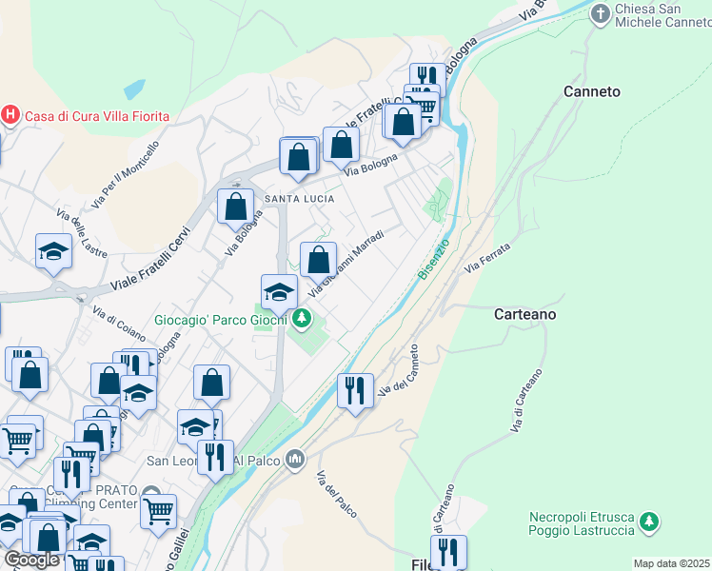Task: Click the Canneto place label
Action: pyautogui.click(x=591, y=91)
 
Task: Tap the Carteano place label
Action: pyautogui.click(x=524, y=313)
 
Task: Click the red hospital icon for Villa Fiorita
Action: pyautogui.click(x=10, y=116)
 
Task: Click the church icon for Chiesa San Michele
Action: pyautogui.click(x=600, y=13)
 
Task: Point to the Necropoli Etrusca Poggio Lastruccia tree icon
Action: pyautogui.click(x=649, y=522)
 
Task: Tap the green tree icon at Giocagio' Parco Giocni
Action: pyautogui.click(x=302, y=319)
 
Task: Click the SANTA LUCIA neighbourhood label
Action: pyautogui.click(x=299, y=198)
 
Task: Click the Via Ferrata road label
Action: pyautogui.click(x=487, y=258)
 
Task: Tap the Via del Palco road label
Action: pyautogui.click(x=336, y=495)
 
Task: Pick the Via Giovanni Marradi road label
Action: pyautogui.click(x=346, y=262)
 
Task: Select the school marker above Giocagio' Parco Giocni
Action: pyautogui.click(x=279, y=291)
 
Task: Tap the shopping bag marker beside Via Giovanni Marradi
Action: pyautogui.click(x=319, y=259)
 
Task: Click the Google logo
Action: pyautogui.click(x=30, y=560)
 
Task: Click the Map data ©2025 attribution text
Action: pyautogui.click(x=672, y=563)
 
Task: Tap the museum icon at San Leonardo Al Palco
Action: pyautogui.click(x=295, y=461)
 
